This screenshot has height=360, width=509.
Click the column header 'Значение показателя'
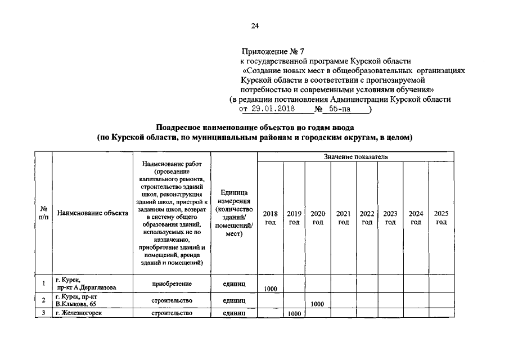click(x=355, y=156)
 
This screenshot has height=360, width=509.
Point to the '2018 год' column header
click(x=270, y=218)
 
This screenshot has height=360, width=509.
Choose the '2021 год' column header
click(x=343, y=218)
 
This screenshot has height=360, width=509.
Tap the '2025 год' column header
click(x=441, y=218)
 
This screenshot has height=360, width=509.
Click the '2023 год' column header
click(x=390, y=218)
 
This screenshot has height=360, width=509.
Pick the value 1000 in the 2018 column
click(x=270, y=289)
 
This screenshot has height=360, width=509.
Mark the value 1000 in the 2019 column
click(x=294, y=314)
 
